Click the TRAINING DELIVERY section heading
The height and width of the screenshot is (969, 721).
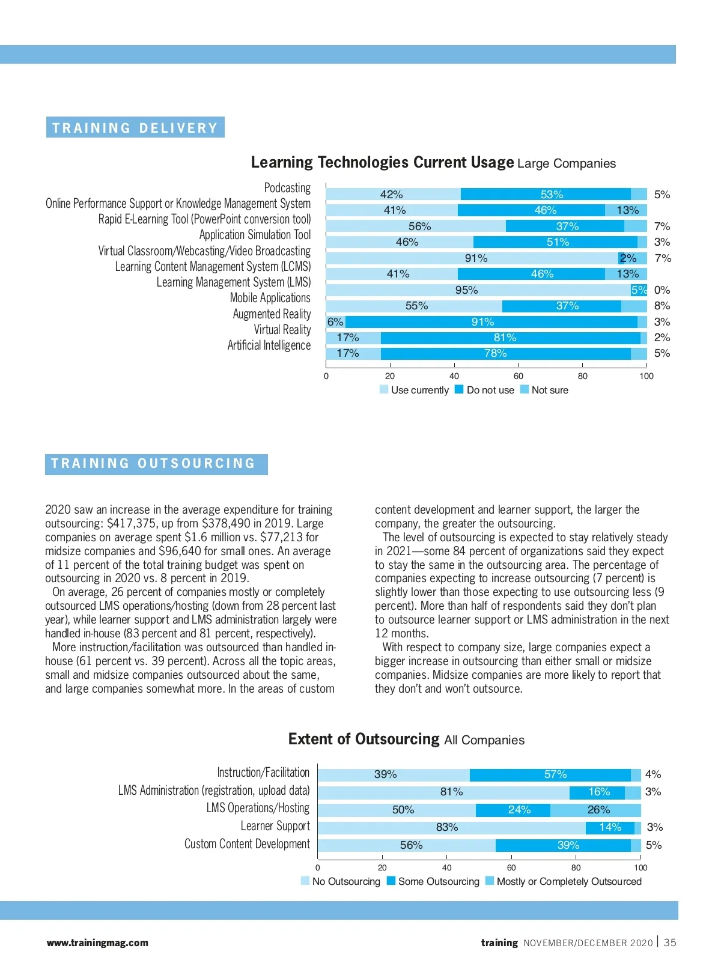[135, 127]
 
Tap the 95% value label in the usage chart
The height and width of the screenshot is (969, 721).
[466, 290]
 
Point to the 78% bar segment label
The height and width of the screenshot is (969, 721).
[496, 353]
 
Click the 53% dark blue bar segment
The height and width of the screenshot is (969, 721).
[552, 195]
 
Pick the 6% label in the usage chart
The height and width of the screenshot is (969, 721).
[335, 322]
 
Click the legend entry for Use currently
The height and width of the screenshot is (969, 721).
[414, 390]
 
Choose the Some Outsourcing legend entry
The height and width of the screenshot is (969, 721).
[433, 881]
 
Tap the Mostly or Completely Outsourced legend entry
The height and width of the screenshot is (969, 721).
[563, 881]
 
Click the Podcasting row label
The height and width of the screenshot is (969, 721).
[287, 188]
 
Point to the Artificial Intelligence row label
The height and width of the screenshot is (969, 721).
[269, 345]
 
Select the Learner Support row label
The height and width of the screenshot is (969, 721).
[275, 827]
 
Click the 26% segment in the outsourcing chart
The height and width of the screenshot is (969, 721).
[598, 810]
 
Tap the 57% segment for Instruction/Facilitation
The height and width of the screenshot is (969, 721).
[555, 774]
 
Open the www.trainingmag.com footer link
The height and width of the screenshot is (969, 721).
[97, 943]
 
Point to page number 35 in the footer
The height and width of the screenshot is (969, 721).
[670, 943]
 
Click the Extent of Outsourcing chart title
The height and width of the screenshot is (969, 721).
[406, 740]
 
